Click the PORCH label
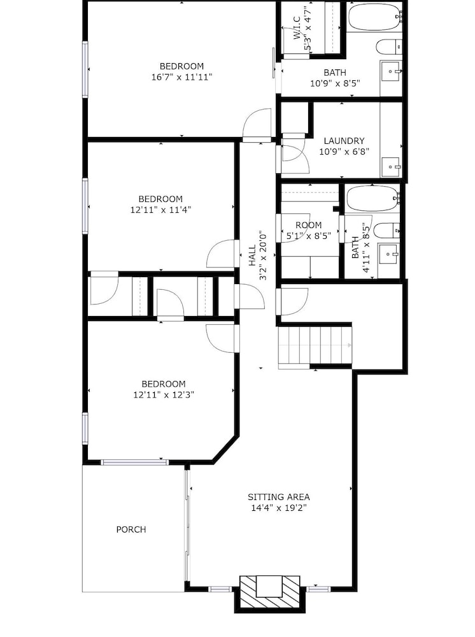click(131, 529)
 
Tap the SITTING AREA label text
click(278, 497)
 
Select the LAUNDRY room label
click(344, 141)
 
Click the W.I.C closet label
click(297, 28)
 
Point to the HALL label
click(253, 255)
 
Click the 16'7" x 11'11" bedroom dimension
click(182, 77)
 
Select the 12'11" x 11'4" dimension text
click(160, 210)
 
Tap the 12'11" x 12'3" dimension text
click(164, 394)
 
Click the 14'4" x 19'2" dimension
click(278, 508)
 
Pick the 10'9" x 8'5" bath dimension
click(335, 83)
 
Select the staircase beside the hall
click(315, 346)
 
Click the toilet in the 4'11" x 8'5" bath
click(386, 231)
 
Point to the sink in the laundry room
click(391, 167)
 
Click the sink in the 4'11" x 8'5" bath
click(388, 255)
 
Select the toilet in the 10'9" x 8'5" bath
click(389, 47)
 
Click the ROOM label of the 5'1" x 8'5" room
click(309, 225)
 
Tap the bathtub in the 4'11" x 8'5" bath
click(372, 198)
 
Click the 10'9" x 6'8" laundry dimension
click(344, 152)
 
